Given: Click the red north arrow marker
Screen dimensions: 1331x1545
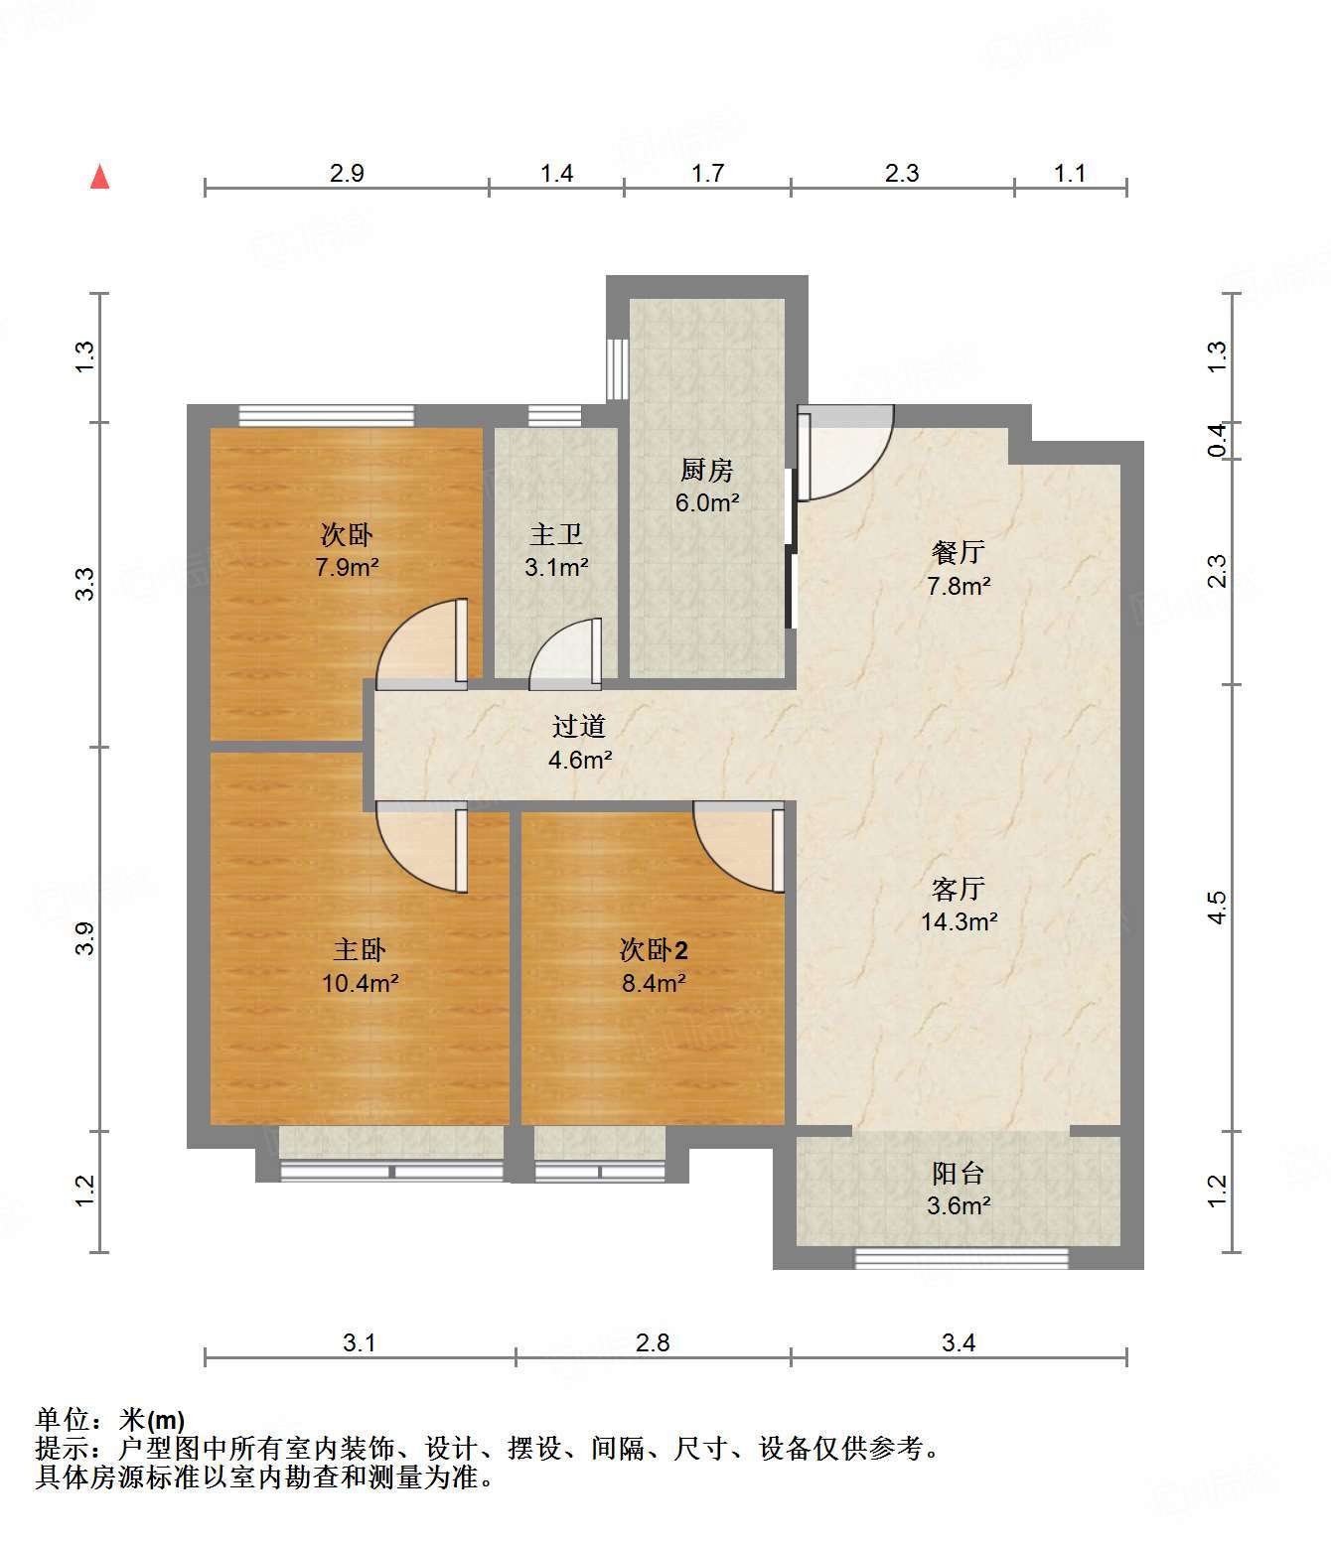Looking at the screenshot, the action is tap(100, 177).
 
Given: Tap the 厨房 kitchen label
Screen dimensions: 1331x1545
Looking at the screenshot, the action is tap(706, 470).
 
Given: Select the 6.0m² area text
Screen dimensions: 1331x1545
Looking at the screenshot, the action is tap(707, 502).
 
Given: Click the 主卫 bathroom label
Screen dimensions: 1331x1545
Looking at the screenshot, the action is tap(555, 535).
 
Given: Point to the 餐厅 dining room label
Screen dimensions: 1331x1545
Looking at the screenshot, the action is tap(958, 552).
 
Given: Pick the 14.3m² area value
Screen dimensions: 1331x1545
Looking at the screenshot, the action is tap(959, 921).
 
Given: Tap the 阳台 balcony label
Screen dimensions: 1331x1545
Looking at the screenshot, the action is tap(958, 1174).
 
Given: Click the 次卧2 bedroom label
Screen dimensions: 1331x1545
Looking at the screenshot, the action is tap(654, 950).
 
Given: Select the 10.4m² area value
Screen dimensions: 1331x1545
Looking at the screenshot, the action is tap(360, 983).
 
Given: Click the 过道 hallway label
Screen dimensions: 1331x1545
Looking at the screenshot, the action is tap(579, 726).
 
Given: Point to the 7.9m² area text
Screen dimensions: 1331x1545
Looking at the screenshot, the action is tap(347, 567).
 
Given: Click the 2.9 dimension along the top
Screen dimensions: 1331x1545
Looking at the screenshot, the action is tap(347, 174).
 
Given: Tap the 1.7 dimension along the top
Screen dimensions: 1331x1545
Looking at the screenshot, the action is tap(707, 174).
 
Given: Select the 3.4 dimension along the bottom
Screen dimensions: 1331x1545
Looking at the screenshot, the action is tap(959, 1343).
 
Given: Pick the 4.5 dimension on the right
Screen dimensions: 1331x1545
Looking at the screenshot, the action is tap(1218, 908).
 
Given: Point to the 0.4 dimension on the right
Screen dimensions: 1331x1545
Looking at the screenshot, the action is tap(1218, 440).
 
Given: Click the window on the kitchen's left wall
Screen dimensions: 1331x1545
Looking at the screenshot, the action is tap(617, 369).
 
